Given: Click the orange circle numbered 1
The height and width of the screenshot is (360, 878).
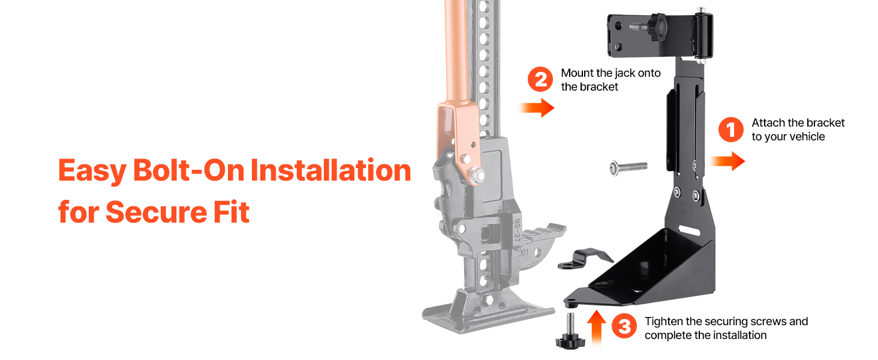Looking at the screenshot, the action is (730, 130).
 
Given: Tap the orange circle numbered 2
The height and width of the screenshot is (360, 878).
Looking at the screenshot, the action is (540, 79).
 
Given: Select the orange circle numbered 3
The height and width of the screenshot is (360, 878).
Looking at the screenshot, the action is (624, 325).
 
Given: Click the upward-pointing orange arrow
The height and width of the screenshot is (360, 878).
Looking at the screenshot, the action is (596, 328).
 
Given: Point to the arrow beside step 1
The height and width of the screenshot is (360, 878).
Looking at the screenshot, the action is (727, 161).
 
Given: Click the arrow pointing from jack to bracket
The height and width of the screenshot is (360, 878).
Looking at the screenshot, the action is (536, 107).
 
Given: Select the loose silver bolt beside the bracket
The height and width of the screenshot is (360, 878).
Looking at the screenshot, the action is (629, 168).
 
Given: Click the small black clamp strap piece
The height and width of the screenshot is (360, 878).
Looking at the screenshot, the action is (585, 259).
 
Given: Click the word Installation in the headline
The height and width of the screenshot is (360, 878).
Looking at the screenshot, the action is (330, 170).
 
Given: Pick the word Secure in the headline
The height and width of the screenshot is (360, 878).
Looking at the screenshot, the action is (156, 212).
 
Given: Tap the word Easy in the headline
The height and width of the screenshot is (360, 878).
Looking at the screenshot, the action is (92, 172).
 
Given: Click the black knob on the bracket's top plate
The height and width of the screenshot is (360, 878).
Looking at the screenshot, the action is (657, 26).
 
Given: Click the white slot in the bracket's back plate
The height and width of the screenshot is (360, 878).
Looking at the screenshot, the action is (690, 230).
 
